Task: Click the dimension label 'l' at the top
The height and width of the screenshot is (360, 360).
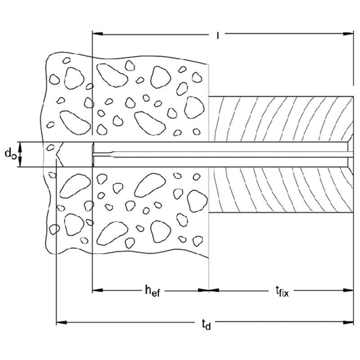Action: click(218, 36)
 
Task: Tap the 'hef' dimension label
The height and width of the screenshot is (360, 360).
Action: click(152, 291)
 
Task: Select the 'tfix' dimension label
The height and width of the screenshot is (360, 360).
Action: click(282, 292)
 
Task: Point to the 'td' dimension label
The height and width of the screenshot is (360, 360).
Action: click(206, 324)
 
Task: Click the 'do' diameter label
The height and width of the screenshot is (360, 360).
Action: click(10, 153)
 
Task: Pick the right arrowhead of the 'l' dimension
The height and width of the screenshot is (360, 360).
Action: click(348, 34)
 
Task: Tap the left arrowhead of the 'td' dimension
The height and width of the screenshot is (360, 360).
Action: click(62, 323)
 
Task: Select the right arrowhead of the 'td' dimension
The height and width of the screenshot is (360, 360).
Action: click(348, 323)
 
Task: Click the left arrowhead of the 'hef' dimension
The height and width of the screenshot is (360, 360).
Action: click(97, 290)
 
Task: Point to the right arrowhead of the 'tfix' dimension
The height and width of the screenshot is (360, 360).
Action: click(348, 290)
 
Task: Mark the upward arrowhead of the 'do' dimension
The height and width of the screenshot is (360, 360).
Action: click(20, 147)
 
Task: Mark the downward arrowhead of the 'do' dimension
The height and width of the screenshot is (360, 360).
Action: click(20, 162)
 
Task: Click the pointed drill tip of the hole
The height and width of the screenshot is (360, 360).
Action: click(56, 154)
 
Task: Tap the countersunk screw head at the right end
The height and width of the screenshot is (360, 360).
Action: click(350, 154)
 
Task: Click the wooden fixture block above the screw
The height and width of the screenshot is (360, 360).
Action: click(281, 119)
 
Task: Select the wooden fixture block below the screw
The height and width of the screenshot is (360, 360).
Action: click(281, 190)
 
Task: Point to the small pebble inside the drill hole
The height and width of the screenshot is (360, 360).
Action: click(50, 148)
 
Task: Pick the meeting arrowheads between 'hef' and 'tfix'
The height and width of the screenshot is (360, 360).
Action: click(208, 290)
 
